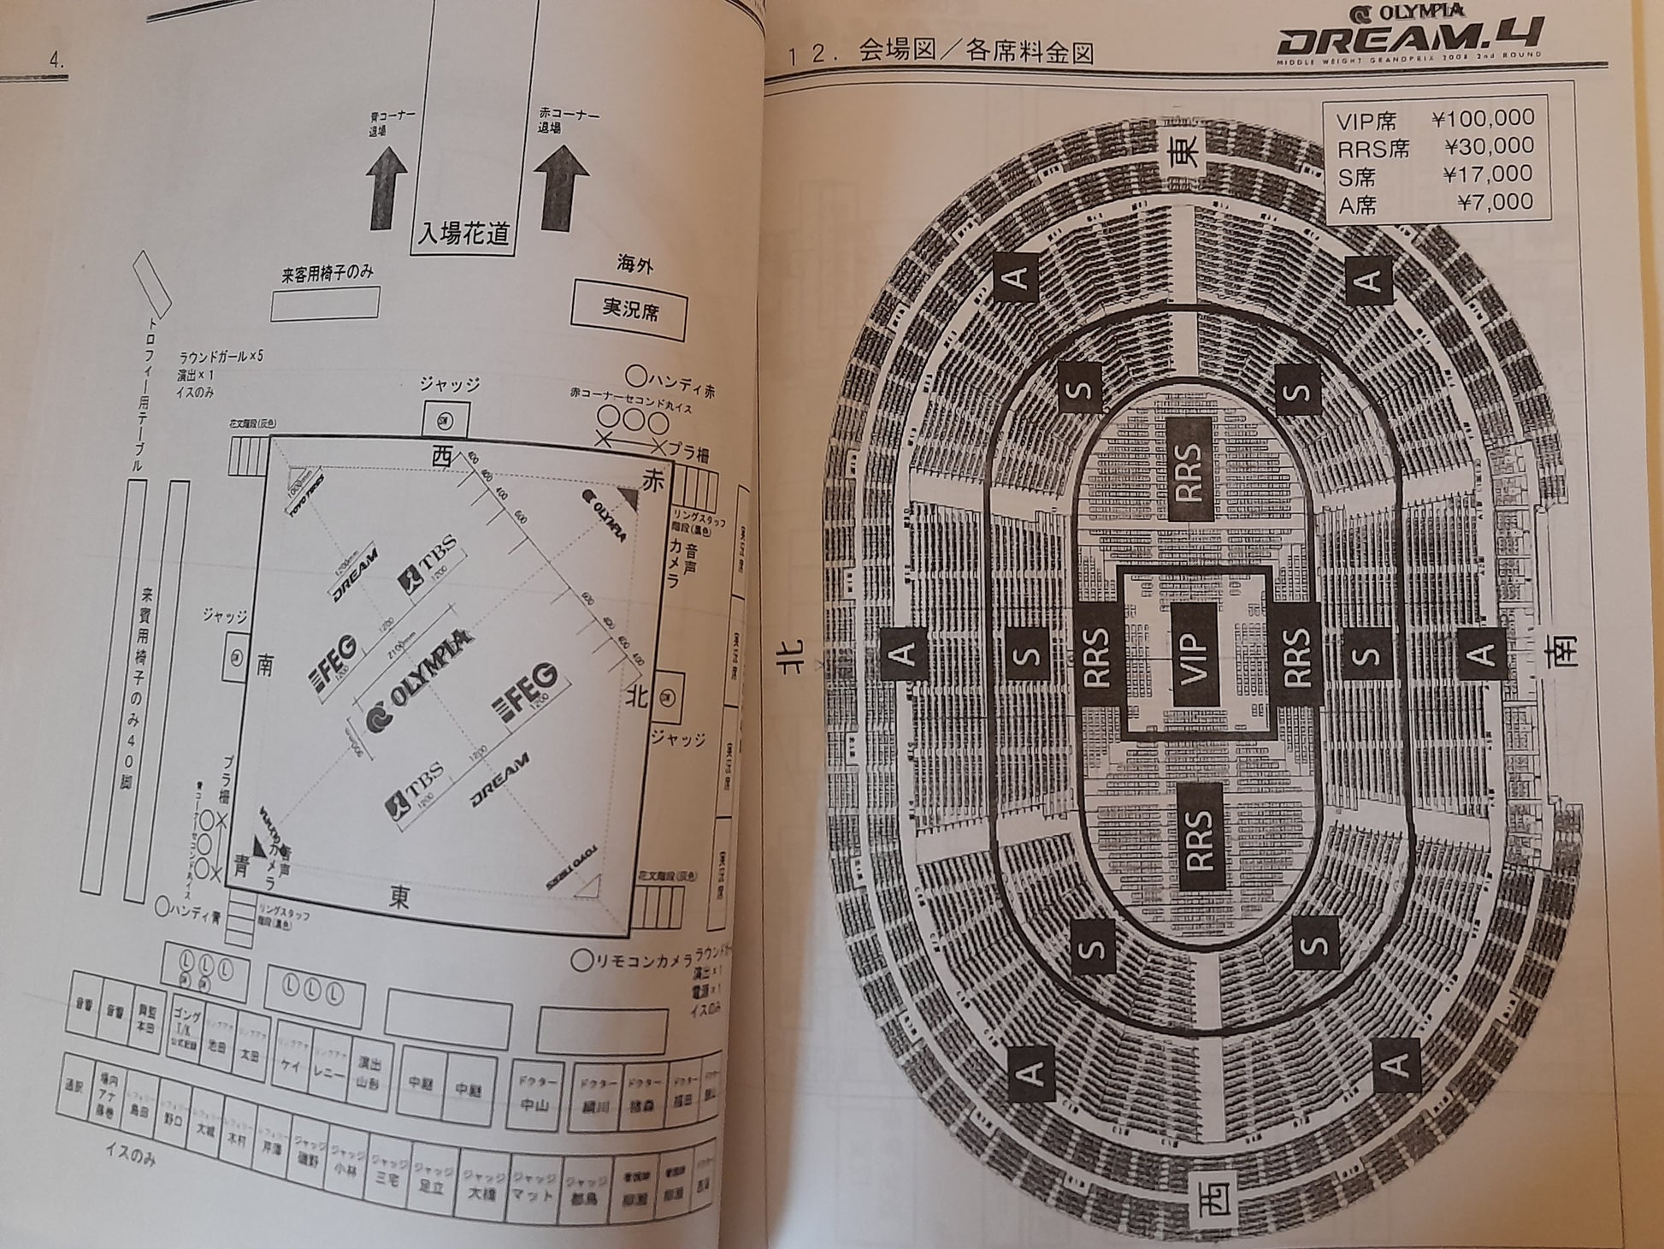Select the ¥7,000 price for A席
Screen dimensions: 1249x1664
pyautogui.click(x=1493, y=202)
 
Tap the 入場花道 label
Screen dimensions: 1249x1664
pyautogui.click(x=463, y=233)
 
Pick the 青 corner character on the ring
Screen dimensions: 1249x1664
pyautogui.click(x=242, y=866)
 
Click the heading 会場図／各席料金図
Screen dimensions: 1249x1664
pyautogui.click(x=977, y=53)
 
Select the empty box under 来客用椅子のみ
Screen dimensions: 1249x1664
pyautogui.click(x=325, y=303)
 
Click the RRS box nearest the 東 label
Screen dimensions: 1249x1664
pyautogui.click(x=1189, y=471)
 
